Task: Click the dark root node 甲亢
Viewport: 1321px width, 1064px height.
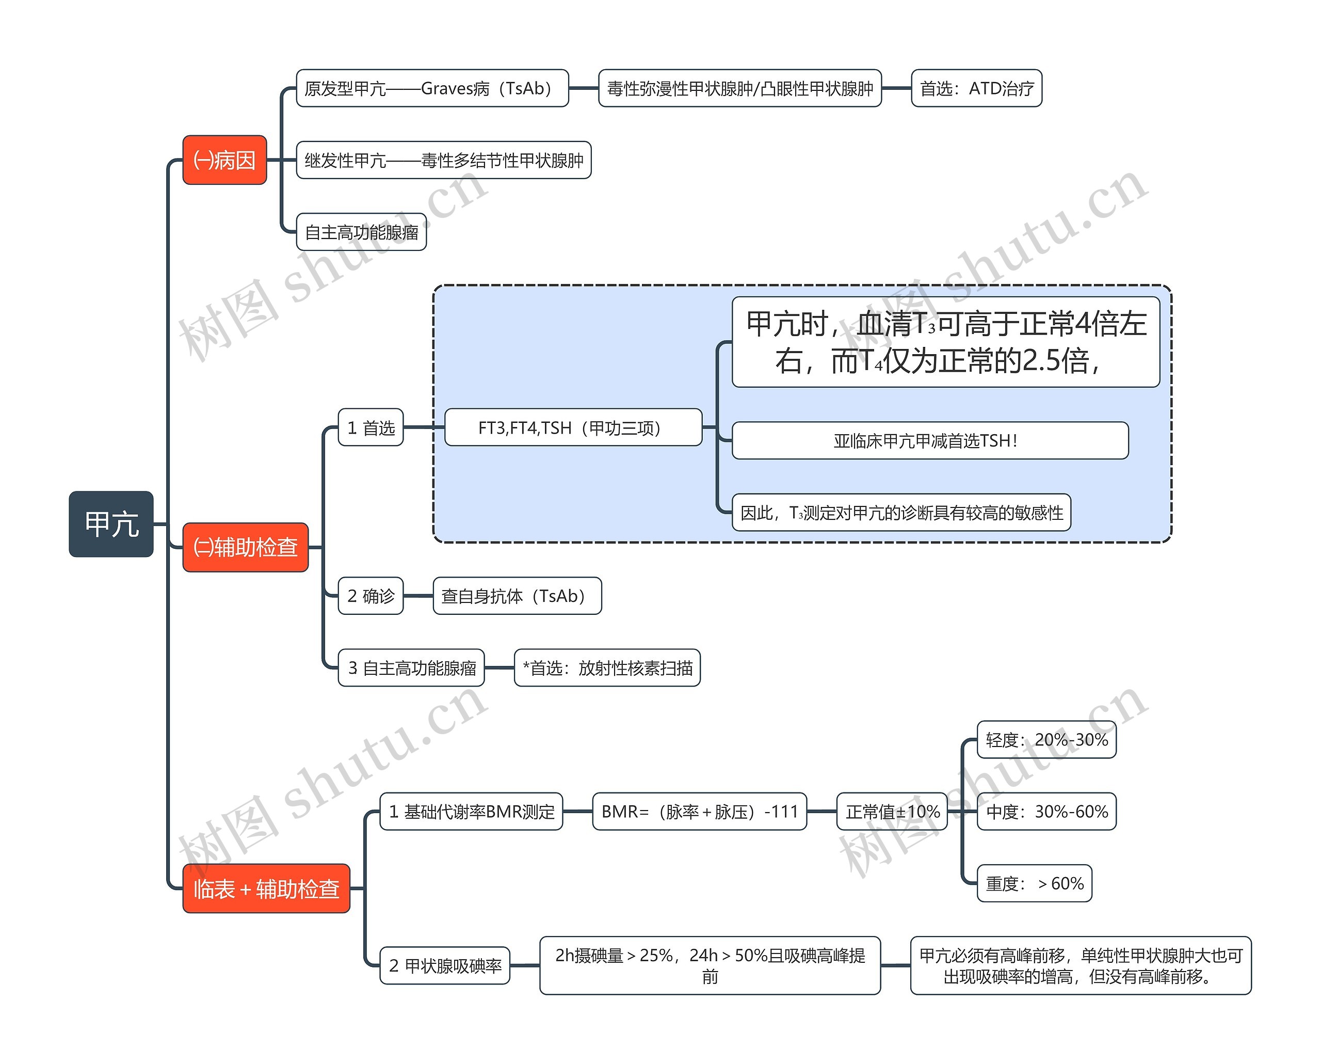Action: (x=111, y=524)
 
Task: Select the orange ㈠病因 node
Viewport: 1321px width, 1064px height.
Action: (x=224, y=160)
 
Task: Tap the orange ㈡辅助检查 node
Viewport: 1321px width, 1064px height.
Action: (x=245, y=547)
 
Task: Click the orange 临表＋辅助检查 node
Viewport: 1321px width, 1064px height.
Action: (x=266, y=888)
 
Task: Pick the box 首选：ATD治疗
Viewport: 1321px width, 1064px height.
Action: (x=976, y=88)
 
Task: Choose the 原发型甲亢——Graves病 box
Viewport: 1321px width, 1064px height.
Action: (x=432, y=88)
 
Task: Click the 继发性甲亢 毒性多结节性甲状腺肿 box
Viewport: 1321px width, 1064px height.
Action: (x=444, y=160)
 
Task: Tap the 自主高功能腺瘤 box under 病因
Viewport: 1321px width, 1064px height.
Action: (x=361, y=232)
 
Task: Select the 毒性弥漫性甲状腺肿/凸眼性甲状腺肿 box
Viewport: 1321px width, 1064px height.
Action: (x=739, y=88)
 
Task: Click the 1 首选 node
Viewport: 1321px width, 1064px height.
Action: (x=370, y=427)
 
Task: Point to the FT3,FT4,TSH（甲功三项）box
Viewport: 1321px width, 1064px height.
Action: (x=573, y=427)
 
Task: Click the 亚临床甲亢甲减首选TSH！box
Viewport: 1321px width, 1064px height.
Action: (x=929, y=440)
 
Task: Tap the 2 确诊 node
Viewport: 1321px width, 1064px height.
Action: (x=370, y=595)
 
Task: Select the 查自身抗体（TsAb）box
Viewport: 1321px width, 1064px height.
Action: (x=517, y=595)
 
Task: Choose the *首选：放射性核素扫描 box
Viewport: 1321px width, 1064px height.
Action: (x=607, y=668)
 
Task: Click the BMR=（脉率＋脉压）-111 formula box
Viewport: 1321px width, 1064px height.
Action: (x=699, y=812)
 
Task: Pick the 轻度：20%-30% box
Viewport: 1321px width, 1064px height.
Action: (x=1046, y=740)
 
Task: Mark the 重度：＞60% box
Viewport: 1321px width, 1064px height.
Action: (x=1034, y=883)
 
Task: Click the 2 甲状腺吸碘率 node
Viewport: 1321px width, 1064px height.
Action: (x=445, y=965)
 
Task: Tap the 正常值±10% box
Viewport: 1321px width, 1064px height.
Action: (x=892, y=812)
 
